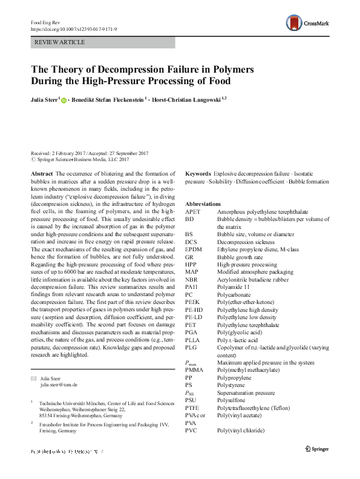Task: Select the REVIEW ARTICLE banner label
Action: tap(60, 42)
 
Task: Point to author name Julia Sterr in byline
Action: tap(45, 99)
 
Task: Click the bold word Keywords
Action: tap(198, 174)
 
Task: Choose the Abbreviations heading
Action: tap(203, 203)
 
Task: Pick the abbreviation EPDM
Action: tap(194, 248)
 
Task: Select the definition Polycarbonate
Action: tap(237, 294)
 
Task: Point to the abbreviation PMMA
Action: tap(195, 369)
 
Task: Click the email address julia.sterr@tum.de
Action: tap(59, 385)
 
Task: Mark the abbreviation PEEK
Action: tap(193, 302)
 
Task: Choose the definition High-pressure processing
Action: tap(247, 264)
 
